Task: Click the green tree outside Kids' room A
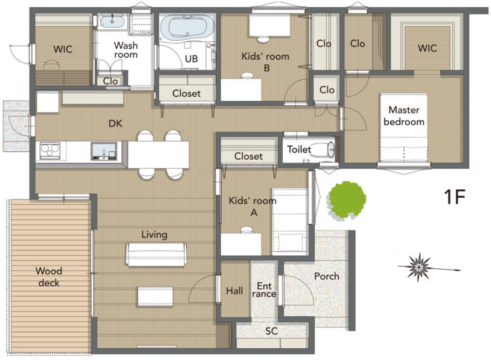347,200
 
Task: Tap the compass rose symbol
420,267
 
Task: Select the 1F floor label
455,197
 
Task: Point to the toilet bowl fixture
323,150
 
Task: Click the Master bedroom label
404,116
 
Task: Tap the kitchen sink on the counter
104,151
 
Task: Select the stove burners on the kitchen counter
50,151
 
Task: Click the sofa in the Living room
156,255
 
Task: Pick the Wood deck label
49,277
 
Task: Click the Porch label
327,276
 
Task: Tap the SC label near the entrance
272,331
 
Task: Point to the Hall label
234,291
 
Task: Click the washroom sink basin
112,22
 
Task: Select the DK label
115,124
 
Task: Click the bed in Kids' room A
290,221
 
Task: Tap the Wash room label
126,50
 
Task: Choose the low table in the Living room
155,296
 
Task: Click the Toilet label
299,149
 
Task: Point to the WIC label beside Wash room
63,49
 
